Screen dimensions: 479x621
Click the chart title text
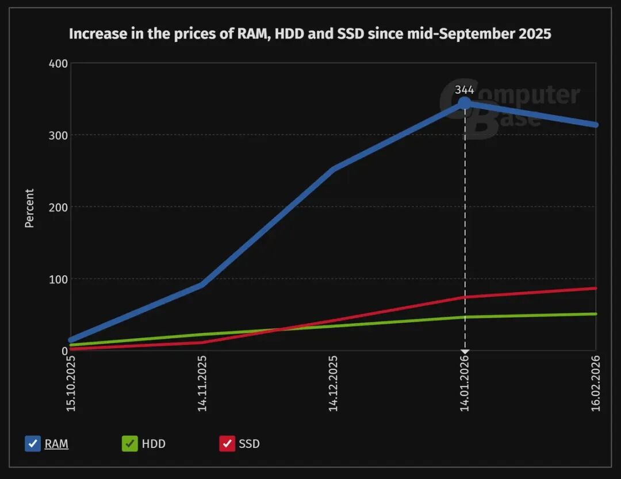310,33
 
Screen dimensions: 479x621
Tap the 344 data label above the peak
465,90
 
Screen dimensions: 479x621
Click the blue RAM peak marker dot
465,104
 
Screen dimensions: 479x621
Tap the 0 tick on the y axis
64,350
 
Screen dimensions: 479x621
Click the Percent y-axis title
30,208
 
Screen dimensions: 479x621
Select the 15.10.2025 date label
71,383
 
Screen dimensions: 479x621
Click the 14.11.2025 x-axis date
202,383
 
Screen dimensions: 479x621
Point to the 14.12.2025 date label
333,383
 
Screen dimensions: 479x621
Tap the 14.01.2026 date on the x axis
465,383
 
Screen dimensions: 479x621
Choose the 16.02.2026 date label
596,383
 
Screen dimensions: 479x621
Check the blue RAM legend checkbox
33,444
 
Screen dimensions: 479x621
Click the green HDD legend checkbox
130,444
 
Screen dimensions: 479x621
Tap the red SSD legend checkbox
227,444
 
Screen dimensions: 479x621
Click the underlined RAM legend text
56,444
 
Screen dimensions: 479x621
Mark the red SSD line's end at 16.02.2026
595,289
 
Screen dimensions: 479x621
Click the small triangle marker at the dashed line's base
465,351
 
